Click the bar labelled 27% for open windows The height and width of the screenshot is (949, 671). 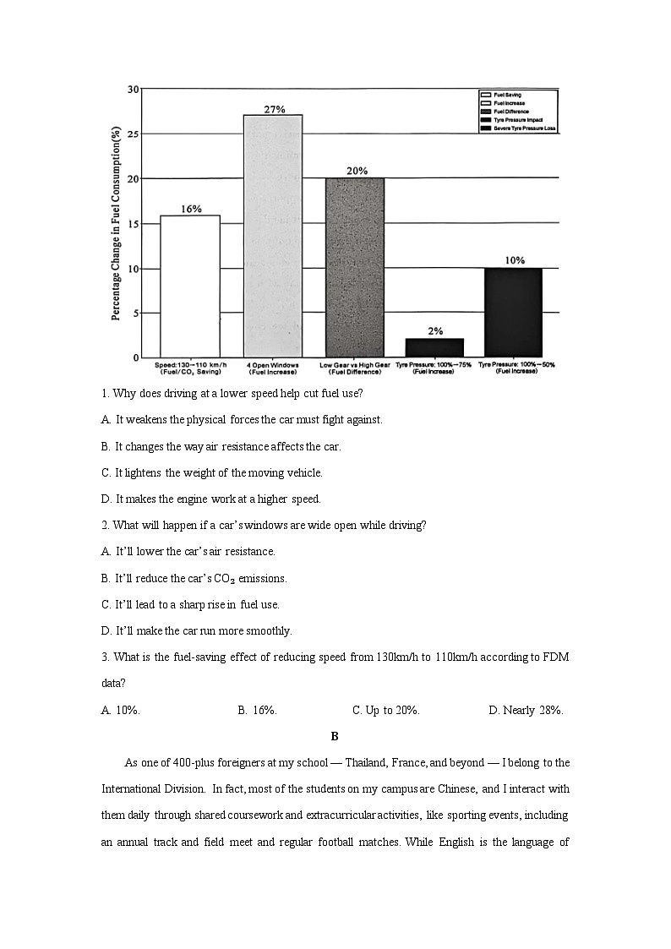[273, 236]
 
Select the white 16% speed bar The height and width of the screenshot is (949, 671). [190, 286]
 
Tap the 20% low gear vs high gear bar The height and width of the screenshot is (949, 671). [355, 267]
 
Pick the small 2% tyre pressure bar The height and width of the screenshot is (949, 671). [434, 347]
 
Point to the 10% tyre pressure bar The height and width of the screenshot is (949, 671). [513, 312]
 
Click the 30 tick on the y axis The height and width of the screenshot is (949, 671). [134, 89]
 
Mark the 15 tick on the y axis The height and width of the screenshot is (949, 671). [134, 224]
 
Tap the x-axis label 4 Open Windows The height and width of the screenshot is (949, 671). [272, 365]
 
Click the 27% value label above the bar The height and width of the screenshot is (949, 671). [274, 110]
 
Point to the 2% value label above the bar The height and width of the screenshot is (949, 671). [435, 331]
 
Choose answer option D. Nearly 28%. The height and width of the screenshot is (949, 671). [526, 711]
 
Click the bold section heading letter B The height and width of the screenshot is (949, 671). [335, 736]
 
